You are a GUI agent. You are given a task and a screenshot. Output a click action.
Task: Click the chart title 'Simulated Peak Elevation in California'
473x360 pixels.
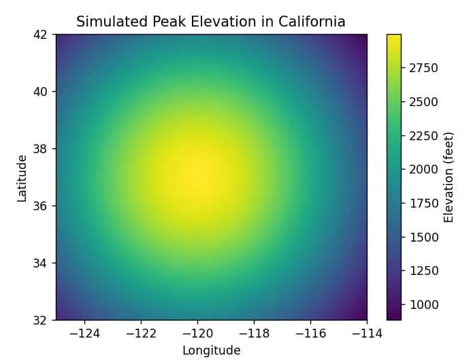(x=210, y=22)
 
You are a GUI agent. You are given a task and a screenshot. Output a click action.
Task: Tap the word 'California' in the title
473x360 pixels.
(x=312, y=22)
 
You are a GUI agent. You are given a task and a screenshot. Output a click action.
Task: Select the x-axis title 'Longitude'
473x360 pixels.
(x=211, y=350)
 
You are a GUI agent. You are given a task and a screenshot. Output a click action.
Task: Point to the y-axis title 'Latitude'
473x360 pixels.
(x=22, y=178)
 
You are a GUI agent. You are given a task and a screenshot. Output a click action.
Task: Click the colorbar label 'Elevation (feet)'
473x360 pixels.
(x=448, y=178)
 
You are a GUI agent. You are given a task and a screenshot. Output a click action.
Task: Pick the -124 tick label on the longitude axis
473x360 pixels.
(x=84, y=333)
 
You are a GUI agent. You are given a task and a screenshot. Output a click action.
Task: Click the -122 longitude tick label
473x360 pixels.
(x=141, y=333)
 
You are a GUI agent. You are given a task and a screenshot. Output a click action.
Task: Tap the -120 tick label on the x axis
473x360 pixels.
(x=197, y=333)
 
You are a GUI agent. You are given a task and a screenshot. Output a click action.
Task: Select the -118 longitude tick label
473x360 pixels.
(x=254, y=333)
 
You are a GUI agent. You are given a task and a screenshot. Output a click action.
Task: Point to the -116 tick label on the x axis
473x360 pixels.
(x=310, y=333)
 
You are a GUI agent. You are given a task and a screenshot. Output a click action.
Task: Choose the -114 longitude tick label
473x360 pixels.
(x=367, y=333)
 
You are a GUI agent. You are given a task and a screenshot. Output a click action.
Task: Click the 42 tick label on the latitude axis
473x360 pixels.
(x=42, y=34)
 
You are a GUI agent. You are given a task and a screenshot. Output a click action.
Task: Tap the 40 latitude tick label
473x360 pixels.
(x=42, y=91)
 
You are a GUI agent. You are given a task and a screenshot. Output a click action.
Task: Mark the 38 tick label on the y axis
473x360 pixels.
(x=42, y=148)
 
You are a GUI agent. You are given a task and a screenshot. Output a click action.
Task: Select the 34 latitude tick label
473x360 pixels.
(x=42, y=263)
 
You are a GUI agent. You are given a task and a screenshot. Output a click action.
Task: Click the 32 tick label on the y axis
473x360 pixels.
(x=42, y=320)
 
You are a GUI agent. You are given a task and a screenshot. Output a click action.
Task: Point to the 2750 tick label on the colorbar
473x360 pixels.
(x=423, y=68)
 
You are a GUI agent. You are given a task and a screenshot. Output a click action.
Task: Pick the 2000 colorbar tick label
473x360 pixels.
(x=423, y=169)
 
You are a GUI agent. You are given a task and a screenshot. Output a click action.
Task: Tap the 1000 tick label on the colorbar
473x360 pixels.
(x=423, y=304)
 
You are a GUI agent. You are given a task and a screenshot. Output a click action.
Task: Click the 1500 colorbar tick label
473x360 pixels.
(x=423, y=237)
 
